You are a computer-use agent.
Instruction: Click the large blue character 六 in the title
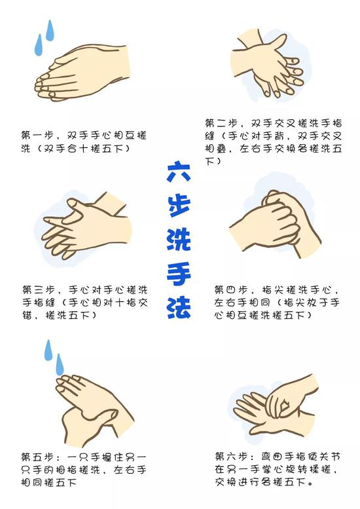coord(179,172)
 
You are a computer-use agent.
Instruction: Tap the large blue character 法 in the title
coord(179,307)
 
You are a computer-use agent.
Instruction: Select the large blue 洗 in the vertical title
coord(179,240)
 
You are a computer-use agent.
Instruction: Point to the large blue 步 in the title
coord(179,206)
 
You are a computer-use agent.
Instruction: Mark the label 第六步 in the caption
coord(231,457)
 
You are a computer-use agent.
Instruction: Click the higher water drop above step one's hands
coord(50,31)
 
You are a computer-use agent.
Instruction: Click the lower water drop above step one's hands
coord(39,45)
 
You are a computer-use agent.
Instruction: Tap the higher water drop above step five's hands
coord(48,350)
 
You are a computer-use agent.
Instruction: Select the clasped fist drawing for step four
coord(276,224)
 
